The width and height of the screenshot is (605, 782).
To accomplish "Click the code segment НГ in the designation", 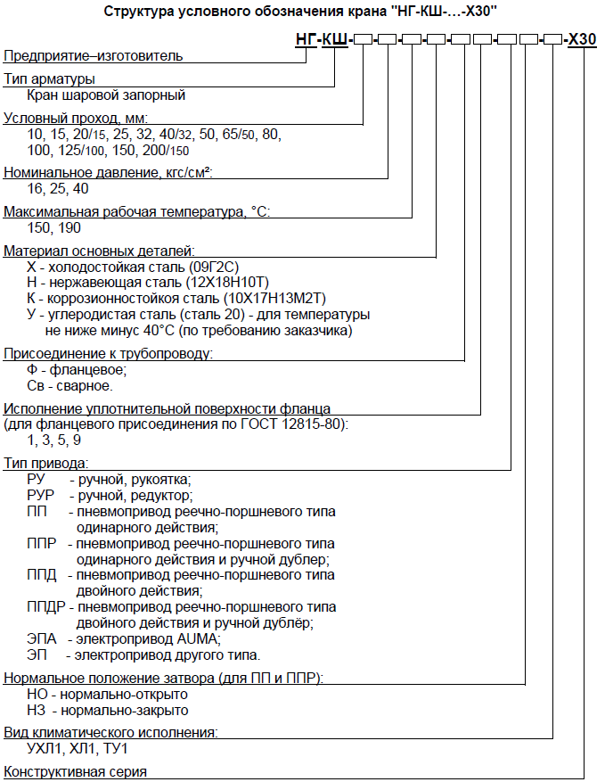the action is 307,39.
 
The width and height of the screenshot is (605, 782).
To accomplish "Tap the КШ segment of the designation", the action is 335,39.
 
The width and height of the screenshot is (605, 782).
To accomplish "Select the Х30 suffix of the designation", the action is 583,39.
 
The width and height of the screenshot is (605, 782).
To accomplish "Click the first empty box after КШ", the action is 363,39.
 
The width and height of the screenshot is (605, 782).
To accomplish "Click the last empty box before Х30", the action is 553,39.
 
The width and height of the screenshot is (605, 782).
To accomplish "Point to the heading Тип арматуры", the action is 49,78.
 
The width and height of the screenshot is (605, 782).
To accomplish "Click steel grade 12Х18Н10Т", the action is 226,283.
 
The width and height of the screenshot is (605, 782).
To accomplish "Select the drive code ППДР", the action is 45,607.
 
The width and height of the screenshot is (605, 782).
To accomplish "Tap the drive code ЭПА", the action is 42,638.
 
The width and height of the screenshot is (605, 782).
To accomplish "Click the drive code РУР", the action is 40,495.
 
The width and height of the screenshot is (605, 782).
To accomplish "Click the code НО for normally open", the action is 37,695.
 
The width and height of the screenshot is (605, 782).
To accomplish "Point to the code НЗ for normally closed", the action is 37,710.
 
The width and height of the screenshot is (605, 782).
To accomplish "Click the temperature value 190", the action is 69,227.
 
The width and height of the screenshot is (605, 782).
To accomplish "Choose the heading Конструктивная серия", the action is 75,772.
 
